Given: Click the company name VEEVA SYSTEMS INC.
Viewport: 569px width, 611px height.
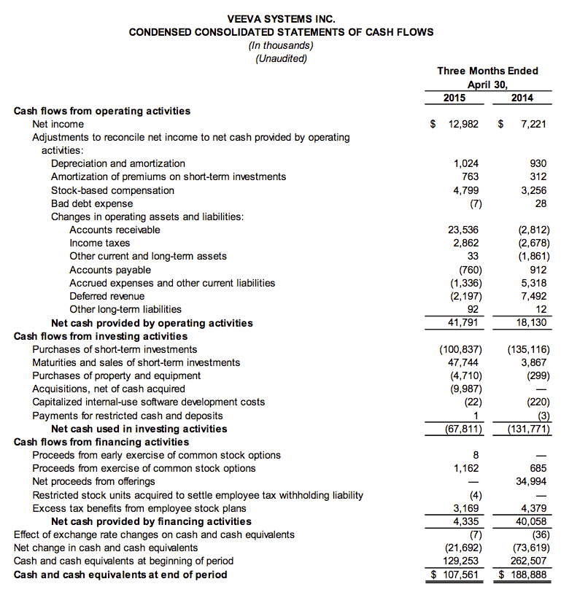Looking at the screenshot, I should [x=282, y=19].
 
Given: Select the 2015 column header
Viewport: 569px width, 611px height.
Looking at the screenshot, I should [x=454, y=98].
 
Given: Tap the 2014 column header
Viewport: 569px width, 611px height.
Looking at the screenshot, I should [x=522, y=98].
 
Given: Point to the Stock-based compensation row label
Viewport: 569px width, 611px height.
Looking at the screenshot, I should [x=112, y=190].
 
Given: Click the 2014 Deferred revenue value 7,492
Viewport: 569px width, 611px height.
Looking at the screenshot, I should [x=532, y=297].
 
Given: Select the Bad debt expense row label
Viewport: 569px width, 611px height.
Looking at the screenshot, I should [x=92, y=203].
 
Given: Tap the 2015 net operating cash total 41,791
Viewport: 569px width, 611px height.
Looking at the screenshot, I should [x=463, y=323].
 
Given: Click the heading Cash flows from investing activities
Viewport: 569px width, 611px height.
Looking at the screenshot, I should [x=101, y=336].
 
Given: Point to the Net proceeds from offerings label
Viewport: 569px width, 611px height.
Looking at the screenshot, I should [x=94, y=481].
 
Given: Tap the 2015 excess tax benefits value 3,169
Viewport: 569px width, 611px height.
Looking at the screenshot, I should [x=465, y=508].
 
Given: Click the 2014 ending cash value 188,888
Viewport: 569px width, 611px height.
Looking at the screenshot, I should [x=528, y=575].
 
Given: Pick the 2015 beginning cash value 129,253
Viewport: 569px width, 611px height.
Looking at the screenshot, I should [x=461, y=561].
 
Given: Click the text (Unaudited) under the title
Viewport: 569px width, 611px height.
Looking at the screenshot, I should [x=282, y=58].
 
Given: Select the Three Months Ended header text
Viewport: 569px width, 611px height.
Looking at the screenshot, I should [x=487, y=71].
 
